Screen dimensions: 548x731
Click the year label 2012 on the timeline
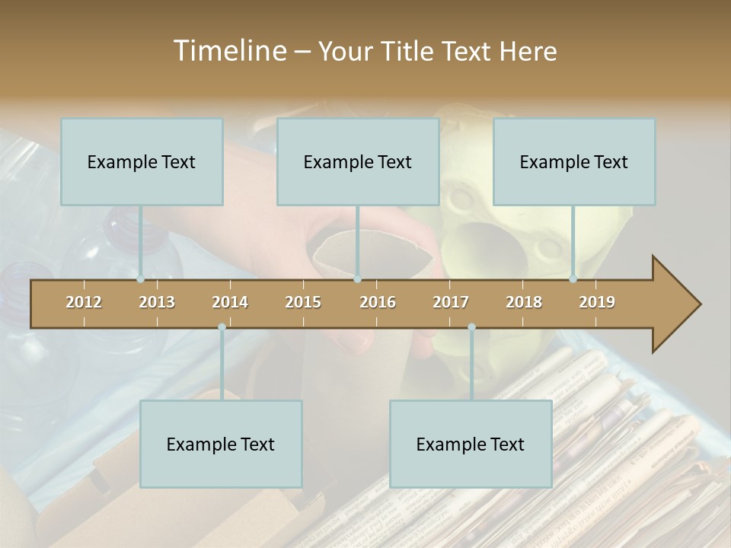point(84,302)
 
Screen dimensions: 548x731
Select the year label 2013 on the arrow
point(157,302)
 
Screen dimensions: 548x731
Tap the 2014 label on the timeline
point(230,302)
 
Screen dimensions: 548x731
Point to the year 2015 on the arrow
point(303,302)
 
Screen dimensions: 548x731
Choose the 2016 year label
point(378,302)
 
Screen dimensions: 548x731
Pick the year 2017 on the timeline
point(451,302)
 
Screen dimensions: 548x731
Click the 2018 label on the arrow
point(524,302)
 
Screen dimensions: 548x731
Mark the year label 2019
point(597,302)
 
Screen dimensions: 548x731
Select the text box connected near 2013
point(142,161)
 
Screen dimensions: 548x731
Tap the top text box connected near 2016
point(358,161)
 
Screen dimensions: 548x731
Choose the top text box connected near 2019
point(574,161)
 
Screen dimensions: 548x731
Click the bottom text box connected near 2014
point(221,444)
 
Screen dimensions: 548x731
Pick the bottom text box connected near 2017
point(471,444)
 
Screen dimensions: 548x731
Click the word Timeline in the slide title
point(228,51)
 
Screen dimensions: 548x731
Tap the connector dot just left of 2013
point(141,279)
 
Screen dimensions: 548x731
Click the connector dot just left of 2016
point(357,279)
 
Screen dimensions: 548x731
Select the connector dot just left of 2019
point(573,279)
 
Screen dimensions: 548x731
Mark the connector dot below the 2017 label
point(471,327)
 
